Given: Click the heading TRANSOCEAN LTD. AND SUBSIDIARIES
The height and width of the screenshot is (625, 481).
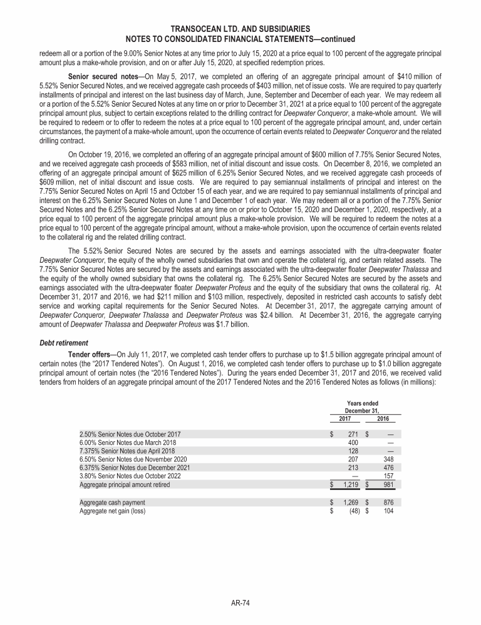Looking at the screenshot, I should [240, 29].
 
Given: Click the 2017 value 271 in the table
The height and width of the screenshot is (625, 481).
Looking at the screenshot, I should [352, 433].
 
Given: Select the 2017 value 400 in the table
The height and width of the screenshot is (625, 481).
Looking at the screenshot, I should [352, 442].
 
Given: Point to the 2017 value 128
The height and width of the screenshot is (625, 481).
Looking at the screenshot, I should [352, 450].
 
